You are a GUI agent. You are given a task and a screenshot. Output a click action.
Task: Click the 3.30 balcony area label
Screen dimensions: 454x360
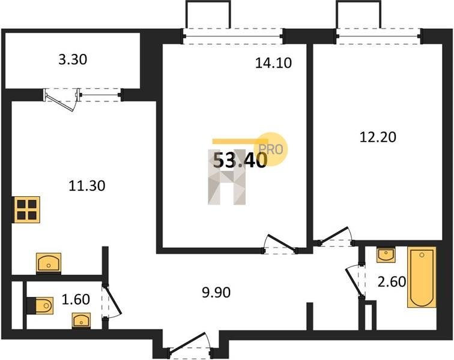tap(73, 60)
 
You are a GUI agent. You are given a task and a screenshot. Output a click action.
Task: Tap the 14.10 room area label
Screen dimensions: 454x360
tap(273, 63)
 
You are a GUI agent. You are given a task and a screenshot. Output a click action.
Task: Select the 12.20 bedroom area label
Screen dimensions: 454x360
tap(378, 137)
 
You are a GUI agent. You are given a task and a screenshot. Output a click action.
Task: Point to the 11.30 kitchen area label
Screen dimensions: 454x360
tap(87, 185)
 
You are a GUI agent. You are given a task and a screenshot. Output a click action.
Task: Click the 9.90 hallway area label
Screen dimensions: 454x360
tap(216, 293)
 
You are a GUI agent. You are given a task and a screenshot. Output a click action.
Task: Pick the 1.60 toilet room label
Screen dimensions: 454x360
tap(76, 299)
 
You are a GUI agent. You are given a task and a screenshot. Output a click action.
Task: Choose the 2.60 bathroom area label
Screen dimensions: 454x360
tap(392, 282)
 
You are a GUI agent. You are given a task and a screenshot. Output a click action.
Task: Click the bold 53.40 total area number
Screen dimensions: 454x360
tap(240, 161)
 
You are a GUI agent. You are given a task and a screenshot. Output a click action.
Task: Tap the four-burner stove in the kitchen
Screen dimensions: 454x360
tap(27, 210)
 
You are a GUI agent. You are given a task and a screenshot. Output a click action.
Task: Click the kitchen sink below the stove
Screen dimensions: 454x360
tap(49, 262)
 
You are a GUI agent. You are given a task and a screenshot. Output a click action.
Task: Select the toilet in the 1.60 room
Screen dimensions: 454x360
tap(40, 305)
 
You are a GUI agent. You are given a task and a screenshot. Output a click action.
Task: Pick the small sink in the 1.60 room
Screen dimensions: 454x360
tap(81, 320)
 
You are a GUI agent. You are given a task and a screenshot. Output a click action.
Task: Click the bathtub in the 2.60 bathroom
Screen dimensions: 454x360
tap(422, 277)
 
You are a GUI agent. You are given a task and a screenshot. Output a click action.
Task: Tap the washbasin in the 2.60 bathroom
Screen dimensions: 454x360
tap(386, 254)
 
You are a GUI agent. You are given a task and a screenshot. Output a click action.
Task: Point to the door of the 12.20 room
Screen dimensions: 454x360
tap(335, 236)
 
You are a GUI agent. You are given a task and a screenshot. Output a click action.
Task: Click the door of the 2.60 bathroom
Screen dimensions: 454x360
tap(356, 280)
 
